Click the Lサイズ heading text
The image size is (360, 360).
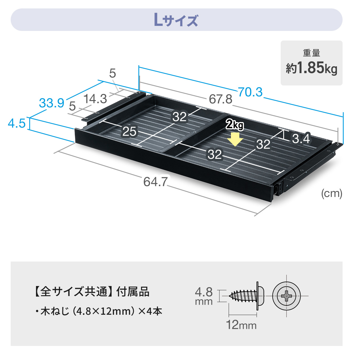[x=176, y=20]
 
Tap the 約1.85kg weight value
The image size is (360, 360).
[x=311, y=68]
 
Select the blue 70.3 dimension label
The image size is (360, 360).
[x=250, y=92]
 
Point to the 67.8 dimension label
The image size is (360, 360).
[x=220, y=99]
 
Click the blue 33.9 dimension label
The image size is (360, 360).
[x=52, y=103]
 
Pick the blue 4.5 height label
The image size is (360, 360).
[x=17, y=123]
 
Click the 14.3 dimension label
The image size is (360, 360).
[x=95, y=99]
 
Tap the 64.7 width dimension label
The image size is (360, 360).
[x=156, y=182]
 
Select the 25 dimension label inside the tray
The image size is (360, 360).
[x=129, y=131]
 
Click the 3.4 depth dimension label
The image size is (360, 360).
[x=301, y=138]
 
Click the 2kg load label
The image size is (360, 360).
[x=235, y=125]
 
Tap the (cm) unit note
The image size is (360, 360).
[x=332, y=193]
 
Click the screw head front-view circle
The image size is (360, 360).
[x=286, y=296]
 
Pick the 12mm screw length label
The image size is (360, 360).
[x=241, y=325]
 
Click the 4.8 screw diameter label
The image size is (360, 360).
[x=204, y=292]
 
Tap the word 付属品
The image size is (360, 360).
[x=133, y=292]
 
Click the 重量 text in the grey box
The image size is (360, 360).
[x=311, y=53]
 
